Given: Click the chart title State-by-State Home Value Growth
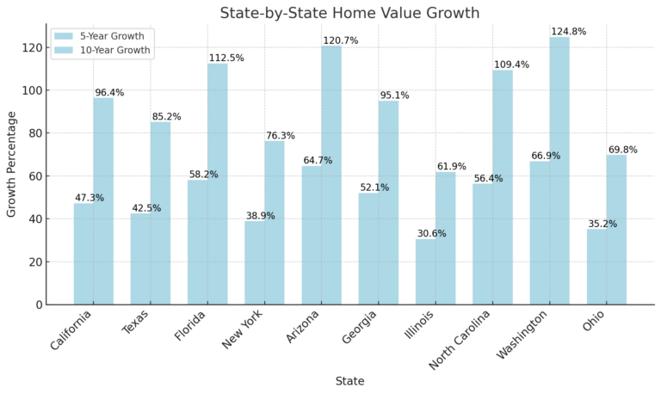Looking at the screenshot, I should click(x=349, y=13).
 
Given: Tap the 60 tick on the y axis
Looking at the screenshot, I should click(x=35, y=176).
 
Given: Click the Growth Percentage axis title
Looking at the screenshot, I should click(x=12, y=163).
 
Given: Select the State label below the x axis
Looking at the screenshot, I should click(x=349, y=381).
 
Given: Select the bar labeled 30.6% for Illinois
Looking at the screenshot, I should click(x=426, y=271).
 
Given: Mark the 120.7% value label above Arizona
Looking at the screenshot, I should click(x=341, y=40).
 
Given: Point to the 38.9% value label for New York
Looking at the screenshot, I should click(x=260, y=216).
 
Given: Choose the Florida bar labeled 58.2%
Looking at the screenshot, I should click(x=198, y=242).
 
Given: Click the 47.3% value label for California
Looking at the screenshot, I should click(x=89, y=198).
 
